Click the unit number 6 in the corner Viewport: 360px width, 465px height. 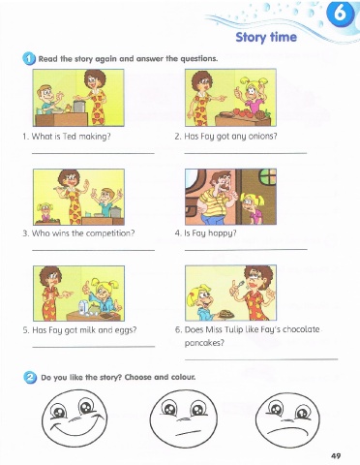[x=340, y=14]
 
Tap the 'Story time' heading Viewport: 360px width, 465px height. [x=266, y=37]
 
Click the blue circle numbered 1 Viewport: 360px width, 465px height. [x=29, y=59]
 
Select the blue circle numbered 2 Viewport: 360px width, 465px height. [x=30, y=377]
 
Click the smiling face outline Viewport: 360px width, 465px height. [x=75, y=418]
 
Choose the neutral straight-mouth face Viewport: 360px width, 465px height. [x=184, y=418]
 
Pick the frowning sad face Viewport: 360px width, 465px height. [x=287, y=418]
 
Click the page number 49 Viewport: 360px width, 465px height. [x=336, y=455]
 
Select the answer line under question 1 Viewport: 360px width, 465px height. [x=93, y=153]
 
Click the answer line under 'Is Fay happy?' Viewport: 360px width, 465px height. [x=246, y=249]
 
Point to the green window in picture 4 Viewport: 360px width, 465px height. [x=268, y=177]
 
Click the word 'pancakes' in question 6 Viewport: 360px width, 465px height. [x=204, y=343]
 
